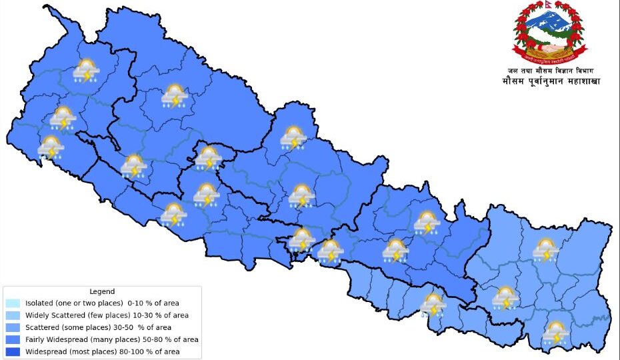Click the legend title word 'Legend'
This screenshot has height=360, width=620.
(102, 291)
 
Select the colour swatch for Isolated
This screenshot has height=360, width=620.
(13, 303)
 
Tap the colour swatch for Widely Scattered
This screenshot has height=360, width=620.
(13, 315)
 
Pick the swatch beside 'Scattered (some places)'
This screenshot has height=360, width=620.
(13, 327)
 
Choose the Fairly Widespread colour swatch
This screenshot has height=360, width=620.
(13, 339)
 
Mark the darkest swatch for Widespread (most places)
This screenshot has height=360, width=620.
(13, 351)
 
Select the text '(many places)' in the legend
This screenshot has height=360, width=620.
(119, 339)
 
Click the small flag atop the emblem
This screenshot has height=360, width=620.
(547, 7)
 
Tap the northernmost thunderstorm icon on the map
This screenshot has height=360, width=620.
(87, 71)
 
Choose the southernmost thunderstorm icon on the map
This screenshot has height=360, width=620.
(555, 332)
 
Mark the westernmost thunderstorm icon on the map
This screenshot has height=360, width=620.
(51, 147)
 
